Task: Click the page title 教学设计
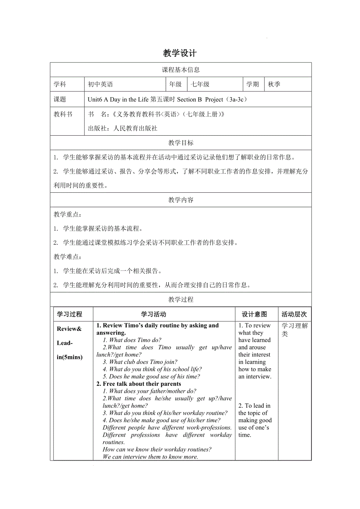tap(180, 53)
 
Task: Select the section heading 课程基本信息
tap(181, 70)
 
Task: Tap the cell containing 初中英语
tap(101, 84)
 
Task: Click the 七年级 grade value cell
tap(200, 84)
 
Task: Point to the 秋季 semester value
tap(274, 84)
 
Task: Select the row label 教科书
tap(63, 115)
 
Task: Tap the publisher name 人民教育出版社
tap(135, 128)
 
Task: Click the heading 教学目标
tap(181, 143)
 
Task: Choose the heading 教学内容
tap(181, 200)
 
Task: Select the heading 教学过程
tap(181, 300)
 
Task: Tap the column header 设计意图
tap(254, 314)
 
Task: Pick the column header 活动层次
tap(294, 314)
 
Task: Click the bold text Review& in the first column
tap(69, 329)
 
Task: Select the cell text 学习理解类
tap(295, 330)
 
